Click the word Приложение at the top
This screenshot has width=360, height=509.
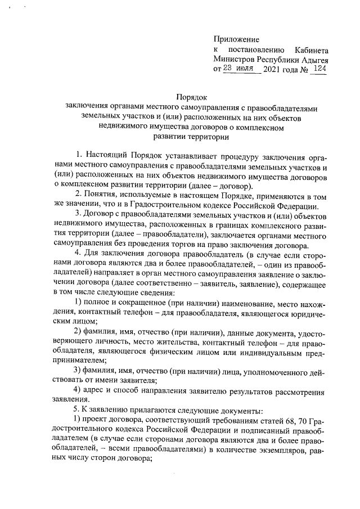tap(236, 39)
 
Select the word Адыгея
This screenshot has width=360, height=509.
tap(314, 59)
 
